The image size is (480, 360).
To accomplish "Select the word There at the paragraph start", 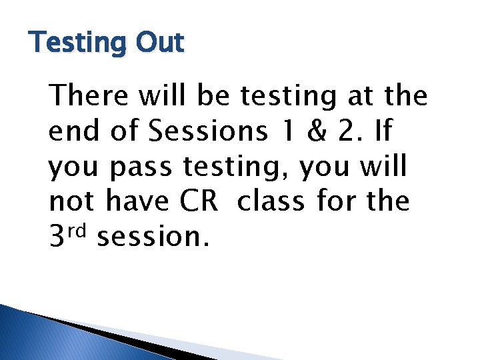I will (x=89, y=96).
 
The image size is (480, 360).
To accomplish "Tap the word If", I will (x=384, y=131).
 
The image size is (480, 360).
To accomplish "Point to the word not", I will (x=71, y=202).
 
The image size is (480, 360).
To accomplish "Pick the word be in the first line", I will (x=214, y=96).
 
